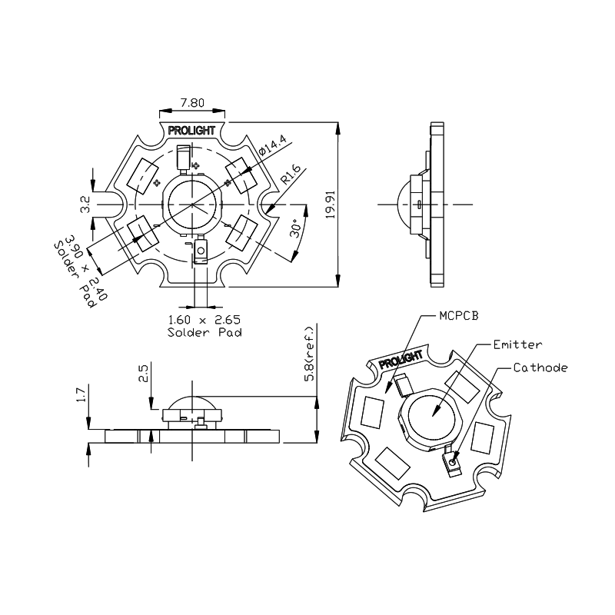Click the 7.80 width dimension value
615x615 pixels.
point(192,103)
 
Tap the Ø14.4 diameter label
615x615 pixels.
point(274,145)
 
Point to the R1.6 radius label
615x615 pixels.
point(291,175)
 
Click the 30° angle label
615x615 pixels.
point(297,228)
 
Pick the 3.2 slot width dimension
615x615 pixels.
point(85,204)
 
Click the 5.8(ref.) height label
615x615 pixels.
point(310,354)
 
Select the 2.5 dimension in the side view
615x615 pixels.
point(143,374)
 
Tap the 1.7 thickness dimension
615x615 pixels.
point(81,395)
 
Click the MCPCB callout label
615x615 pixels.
point(459,316)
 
